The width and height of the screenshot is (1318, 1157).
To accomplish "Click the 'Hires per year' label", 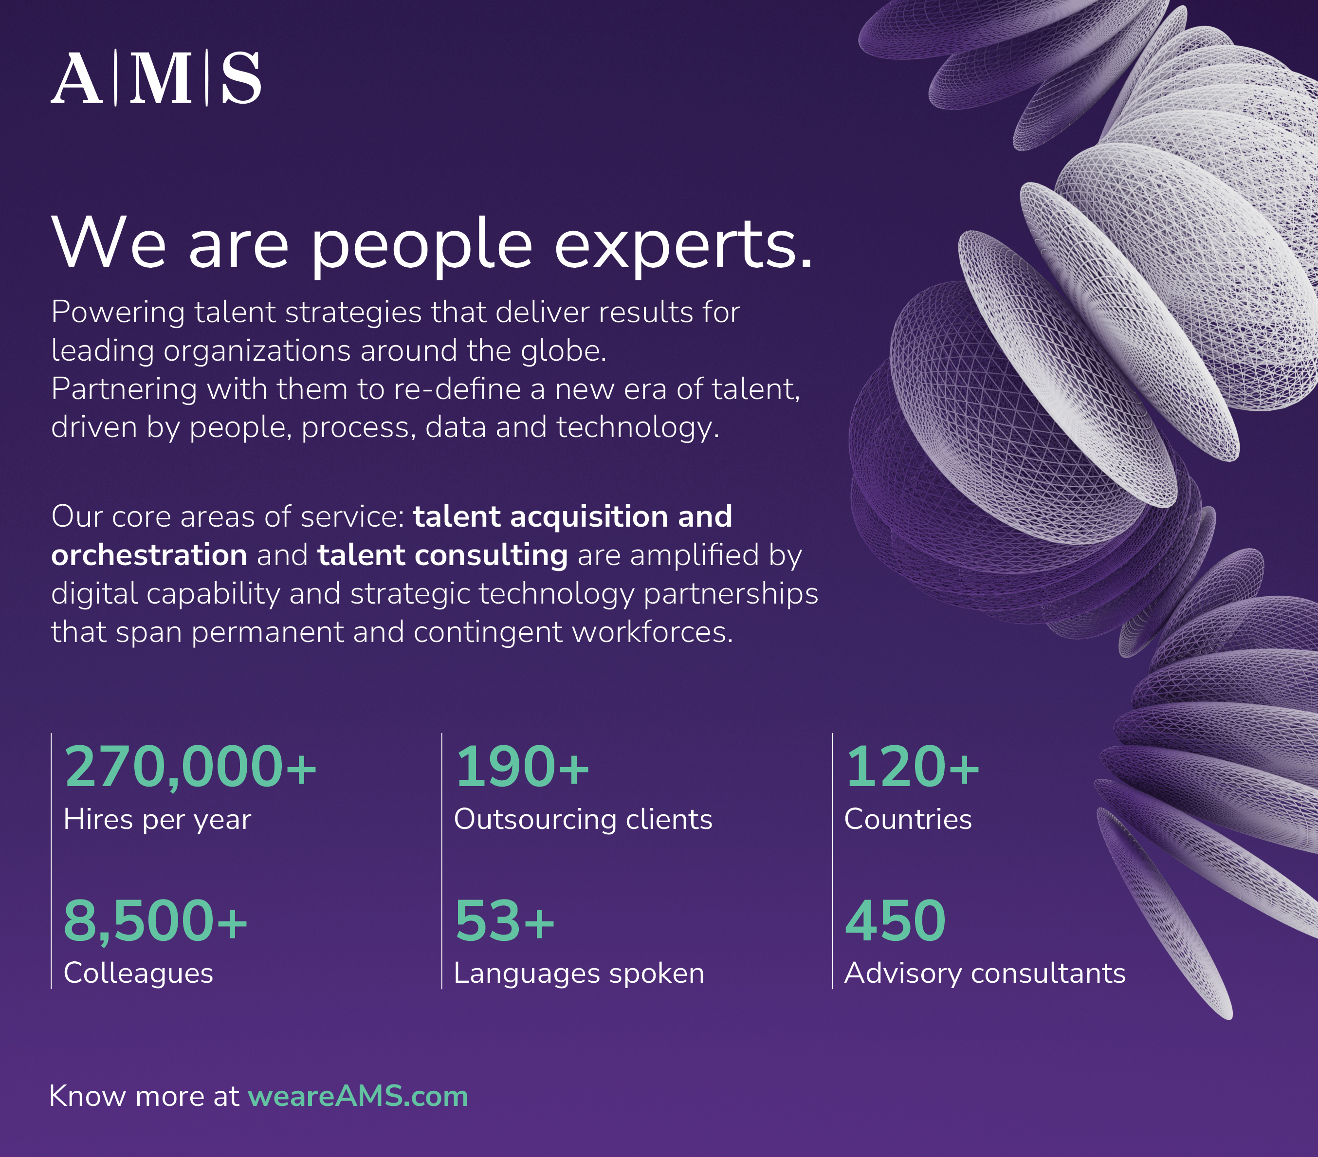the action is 157,820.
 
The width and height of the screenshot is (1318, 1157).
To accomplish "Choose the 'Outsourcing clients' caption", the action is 584,820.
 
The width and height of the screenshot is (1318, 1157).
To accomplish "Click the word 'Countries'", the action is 908,819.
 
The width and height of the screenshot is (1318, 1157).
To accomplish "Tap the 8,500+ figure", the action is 155,921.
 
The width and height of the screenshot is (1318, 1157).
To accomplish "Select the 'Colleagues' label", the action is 139,973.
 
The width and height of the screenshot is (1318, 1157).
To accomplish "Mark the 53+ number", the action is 505,920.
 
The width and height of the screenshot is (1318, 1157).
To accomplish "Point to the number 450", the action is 895,920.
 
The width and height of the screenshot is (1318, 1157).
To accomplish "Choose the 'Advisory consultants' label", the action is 985,973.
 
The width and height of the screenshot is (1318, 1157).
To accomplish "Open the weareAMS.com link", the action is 358,1096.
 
